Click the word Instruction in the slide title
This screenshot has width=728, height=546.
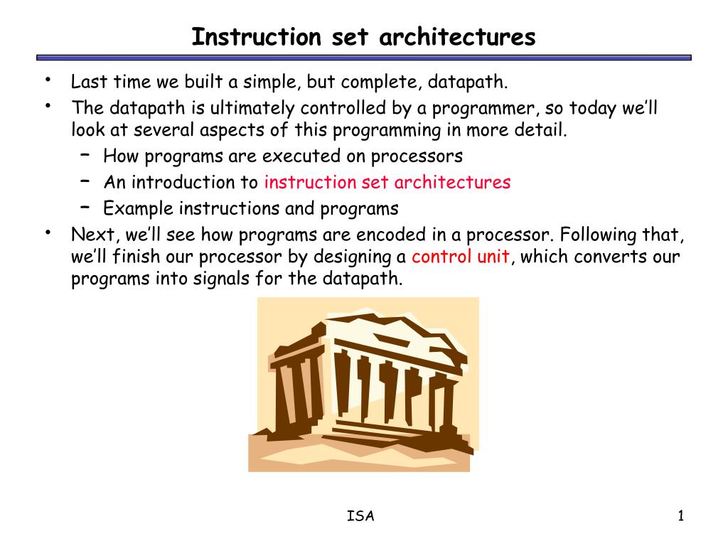(x=256, y=37)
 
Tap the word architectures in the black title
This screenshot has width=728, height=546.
(x=457, y=37)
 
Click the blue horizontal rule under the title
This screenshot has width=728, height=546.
(x=364, y=58)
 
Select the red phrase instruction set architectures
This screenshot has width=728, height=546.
(x=387, y=182)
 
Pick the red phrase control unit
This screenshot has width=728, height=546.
(x=461, y=256)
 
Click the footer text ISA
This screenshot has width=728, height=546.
(x=360, y=516)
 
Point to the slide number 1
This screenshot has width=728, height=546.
(x=680, y=516)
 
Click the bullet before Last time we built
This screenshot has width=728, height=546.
(x=48, y=80)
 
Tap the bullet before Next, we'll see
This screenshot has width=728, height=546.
(x=48, y=232)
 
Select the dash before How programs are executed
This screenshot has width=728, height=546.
(x=85, y=154)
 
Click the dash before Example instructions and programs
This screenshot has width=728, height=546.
(x=85, y=207)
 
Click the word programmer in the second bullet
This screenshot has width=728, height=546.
(x=486, y=109)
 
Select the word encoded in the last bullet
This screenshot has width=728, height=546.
(x=391, y=235)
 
